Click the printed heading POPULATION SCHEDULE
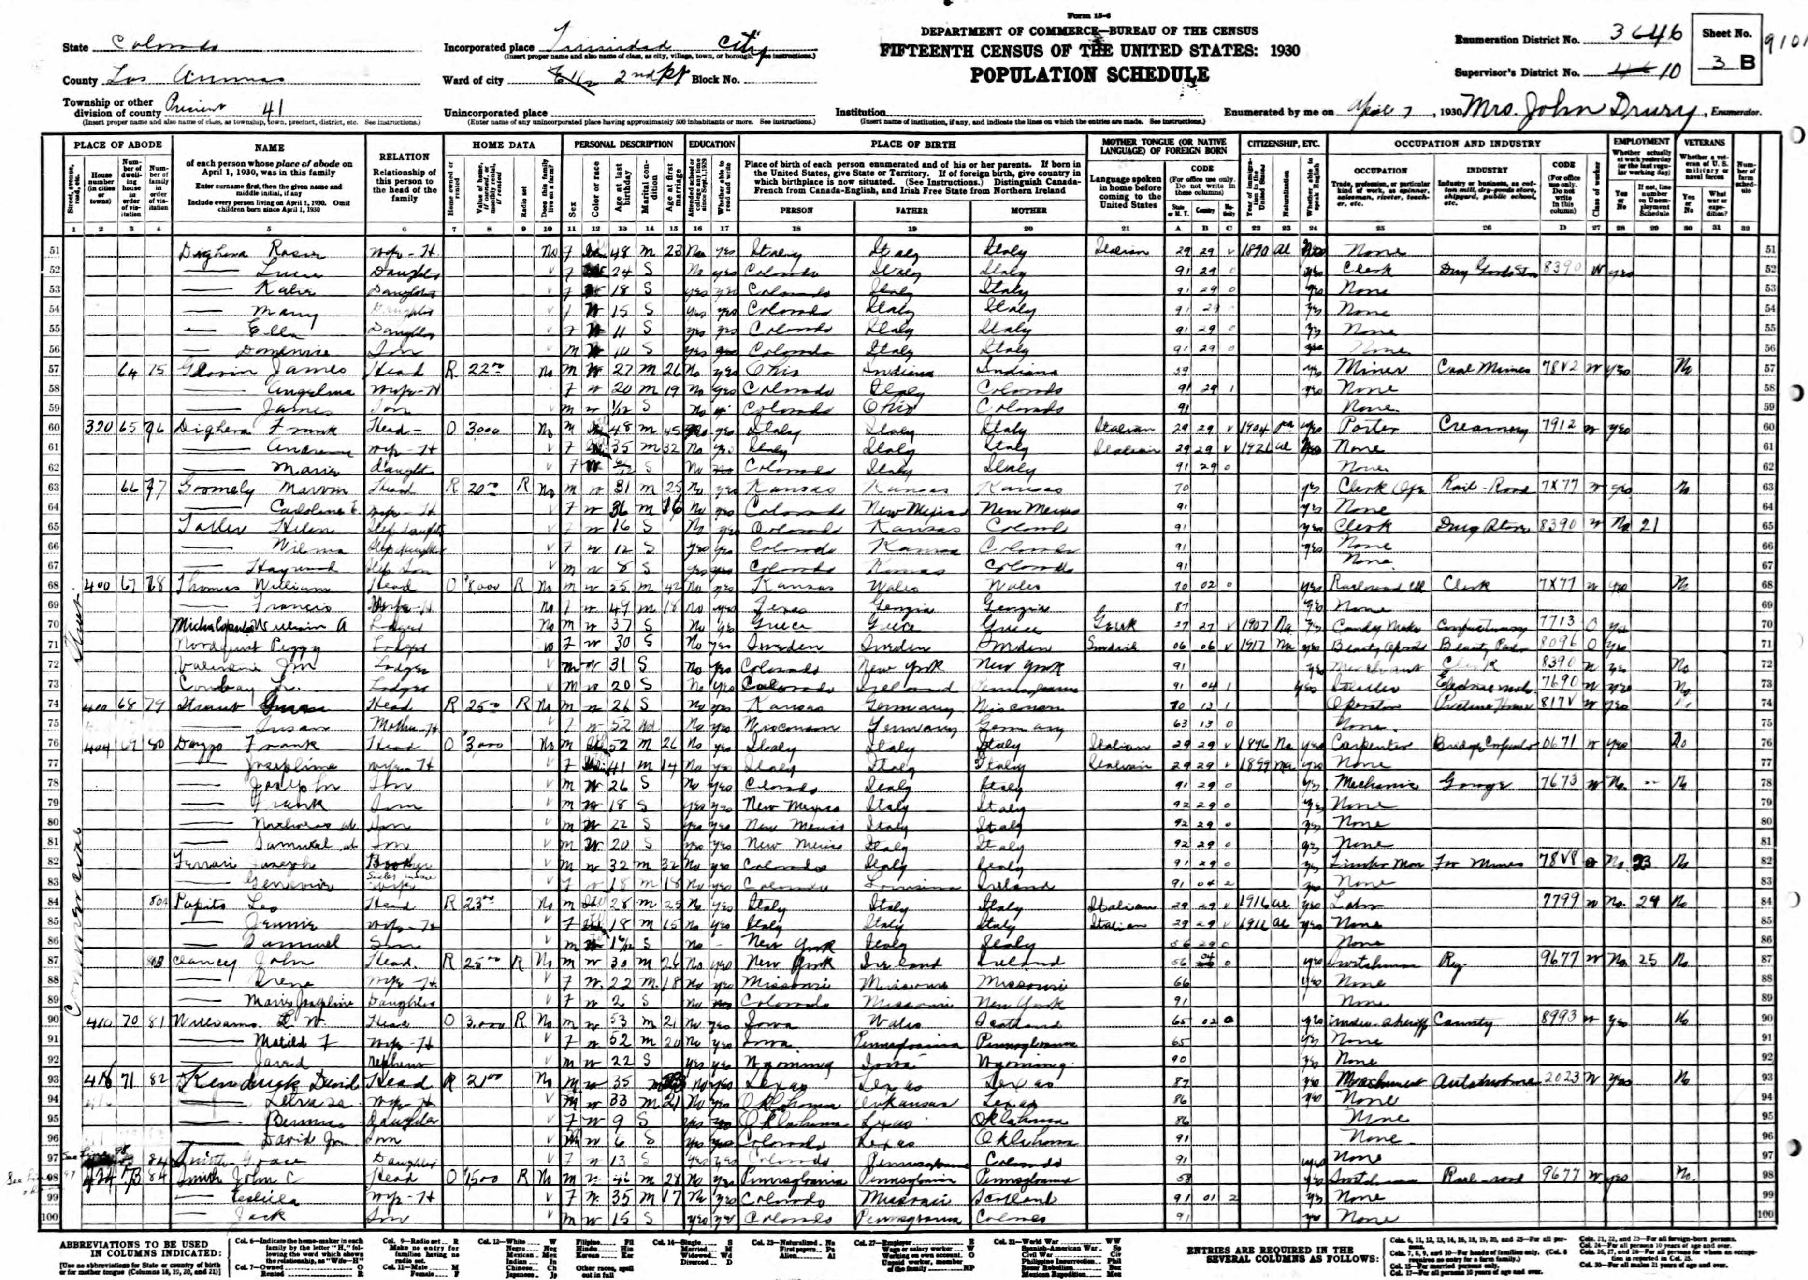(1089, 75)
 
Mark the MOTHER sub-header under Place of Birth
(1028, 211)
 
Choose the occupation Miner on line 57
(1362, 371)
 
